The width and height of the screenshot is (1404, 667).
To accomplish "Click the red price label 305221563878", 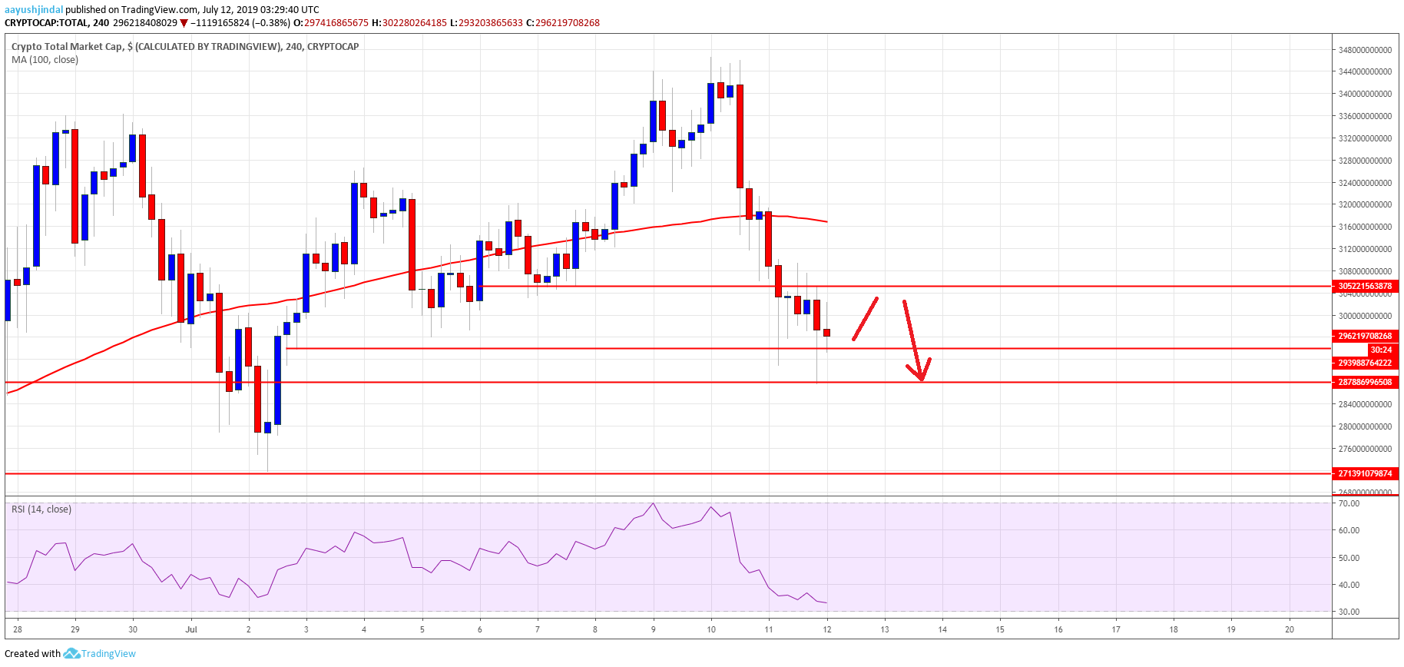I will [1365, 286].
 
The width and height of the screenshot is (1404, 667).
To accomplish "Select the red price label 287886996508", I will [1365, 382].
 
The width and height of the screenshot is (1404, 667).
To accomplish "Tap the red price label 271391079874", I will [1365, 473].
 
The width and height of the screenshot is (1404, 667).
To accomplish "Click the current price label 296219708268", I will [1365, 336].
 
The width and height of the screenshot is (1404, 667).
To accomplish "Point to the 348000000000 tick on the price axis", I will [1365, 50].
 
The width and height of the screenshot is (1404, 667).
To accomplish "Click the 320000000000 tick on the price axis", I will [1365, 205].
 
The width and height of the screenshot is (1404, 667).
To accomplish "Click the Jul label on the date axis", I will [191, 629].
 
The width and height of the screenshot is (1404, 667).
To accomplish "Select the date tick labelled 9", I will [654, 629].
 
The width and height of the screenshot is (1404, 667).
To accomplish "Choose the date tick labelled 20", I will [1290, 629].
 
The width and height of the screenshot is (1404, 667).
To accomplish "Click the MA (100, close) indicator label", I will [45, 60].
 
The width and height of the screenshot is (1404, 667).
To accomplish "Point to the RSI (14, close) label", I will [41, 509].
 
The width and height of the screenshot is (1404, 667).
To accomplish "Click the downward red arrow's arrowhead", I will [921, 376].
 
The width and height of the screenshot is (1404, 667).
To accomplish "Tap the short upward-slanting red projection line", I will [865, 319].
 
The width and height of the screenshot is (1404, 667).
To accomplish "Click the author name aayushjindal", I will [34, 9].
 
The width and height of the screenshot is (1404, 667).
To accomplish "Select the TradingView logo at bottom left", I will [100, 653].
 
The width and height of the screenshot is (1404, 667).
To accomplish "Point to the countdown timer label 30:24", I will [1380, 350].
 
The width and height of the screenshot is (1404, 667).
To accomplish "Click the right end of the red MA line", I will [826, 221].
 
